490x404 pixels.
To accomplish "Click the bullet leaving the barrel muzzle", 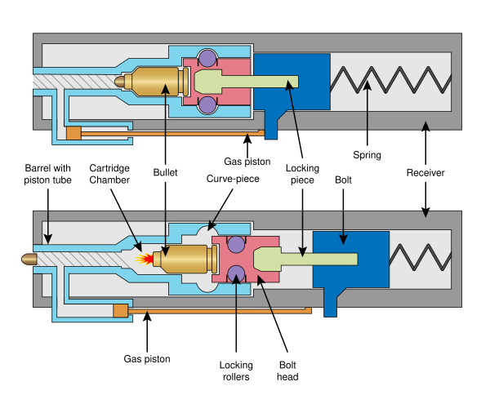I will coord(29,259).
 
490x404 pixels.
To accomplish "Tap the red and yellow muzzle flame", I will coord(145,260).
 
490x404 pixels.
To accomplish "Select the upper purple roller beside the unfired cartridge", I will coord(207,59).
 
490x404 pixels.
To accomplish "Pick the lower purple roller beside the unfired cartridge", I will coord(207,104).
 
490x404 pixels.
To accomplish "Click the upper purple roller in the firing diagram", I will coord(236,244).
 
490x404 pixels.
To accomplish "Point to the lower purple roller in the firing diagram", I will coord(236,273).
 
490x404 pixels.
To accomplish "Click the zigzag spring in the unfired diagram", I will coord(390,80).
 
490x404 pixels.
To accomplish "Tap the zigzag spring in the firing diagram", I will coord(420,257).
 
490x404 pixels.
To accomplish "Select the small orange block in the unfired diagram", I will coord(73,133).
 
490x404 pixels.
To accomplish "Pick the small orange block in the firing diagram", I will coord(121,310).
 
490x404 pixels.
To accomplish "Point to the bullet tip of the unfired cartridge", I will coord(119,82).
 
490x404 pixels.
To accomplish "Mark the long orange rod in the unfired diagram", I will coord(171,132).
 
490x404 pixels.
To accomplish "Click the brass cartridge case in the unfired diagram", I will coord(155,82).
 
